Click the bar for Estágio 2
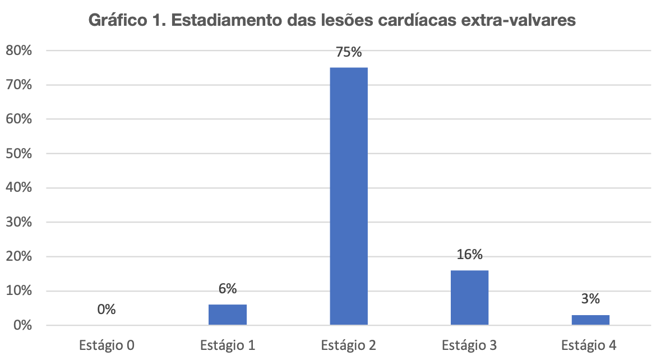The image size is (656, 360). coord(349,196)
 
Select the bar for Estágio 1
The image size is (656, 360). coord(228,315)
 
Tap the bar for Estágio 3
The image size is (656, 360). coord(469,297)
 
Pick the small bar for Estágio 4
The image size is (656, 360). coord(590,320)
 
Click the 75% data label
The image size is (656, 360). coord(349,53)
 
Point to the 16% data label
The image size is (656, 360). coord(469,255)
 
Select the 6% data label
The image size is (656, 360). coord(228,289)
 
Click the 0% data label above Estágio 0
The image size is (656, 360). coord(106,310)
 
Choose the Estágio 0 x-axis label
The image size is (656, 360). coord(106,344)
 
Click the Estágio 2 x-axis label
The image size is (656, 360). coord(349,344)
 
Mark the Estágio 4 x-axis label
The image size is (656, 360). coord(590,344)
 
